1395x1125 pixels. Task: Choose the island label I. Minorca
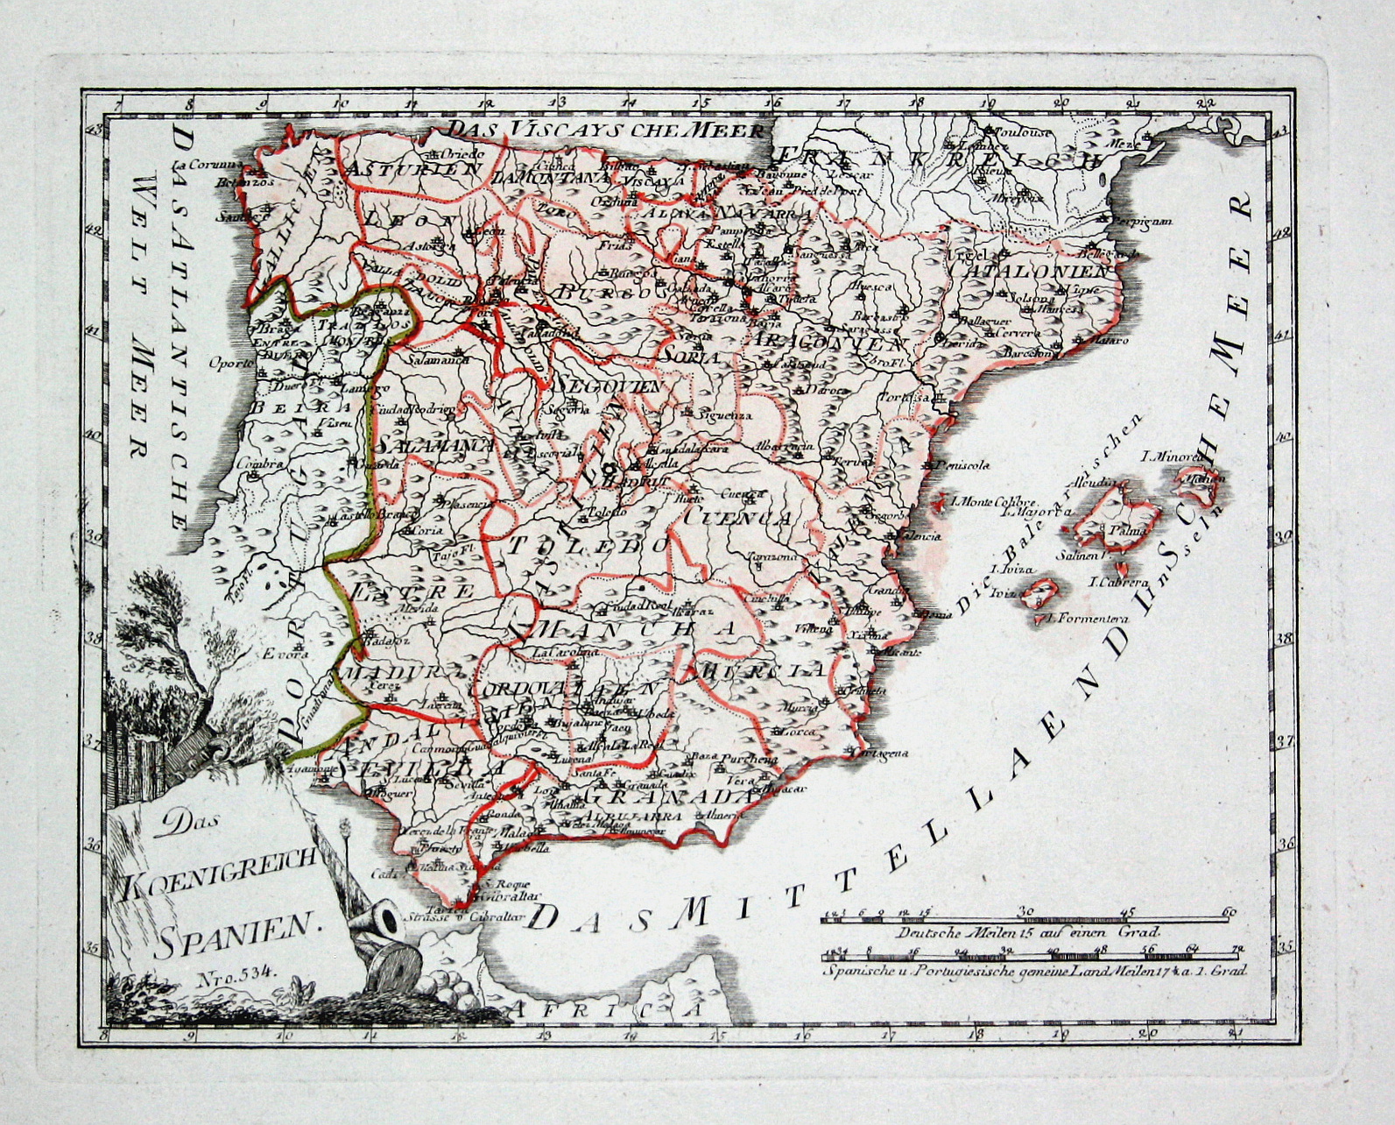click(x=1176, y=456)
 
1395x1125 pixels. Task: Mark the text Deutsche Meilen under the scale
click(x=942, y=933)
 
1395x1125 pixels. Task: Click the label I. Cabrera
click(x=1117, y=582)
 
